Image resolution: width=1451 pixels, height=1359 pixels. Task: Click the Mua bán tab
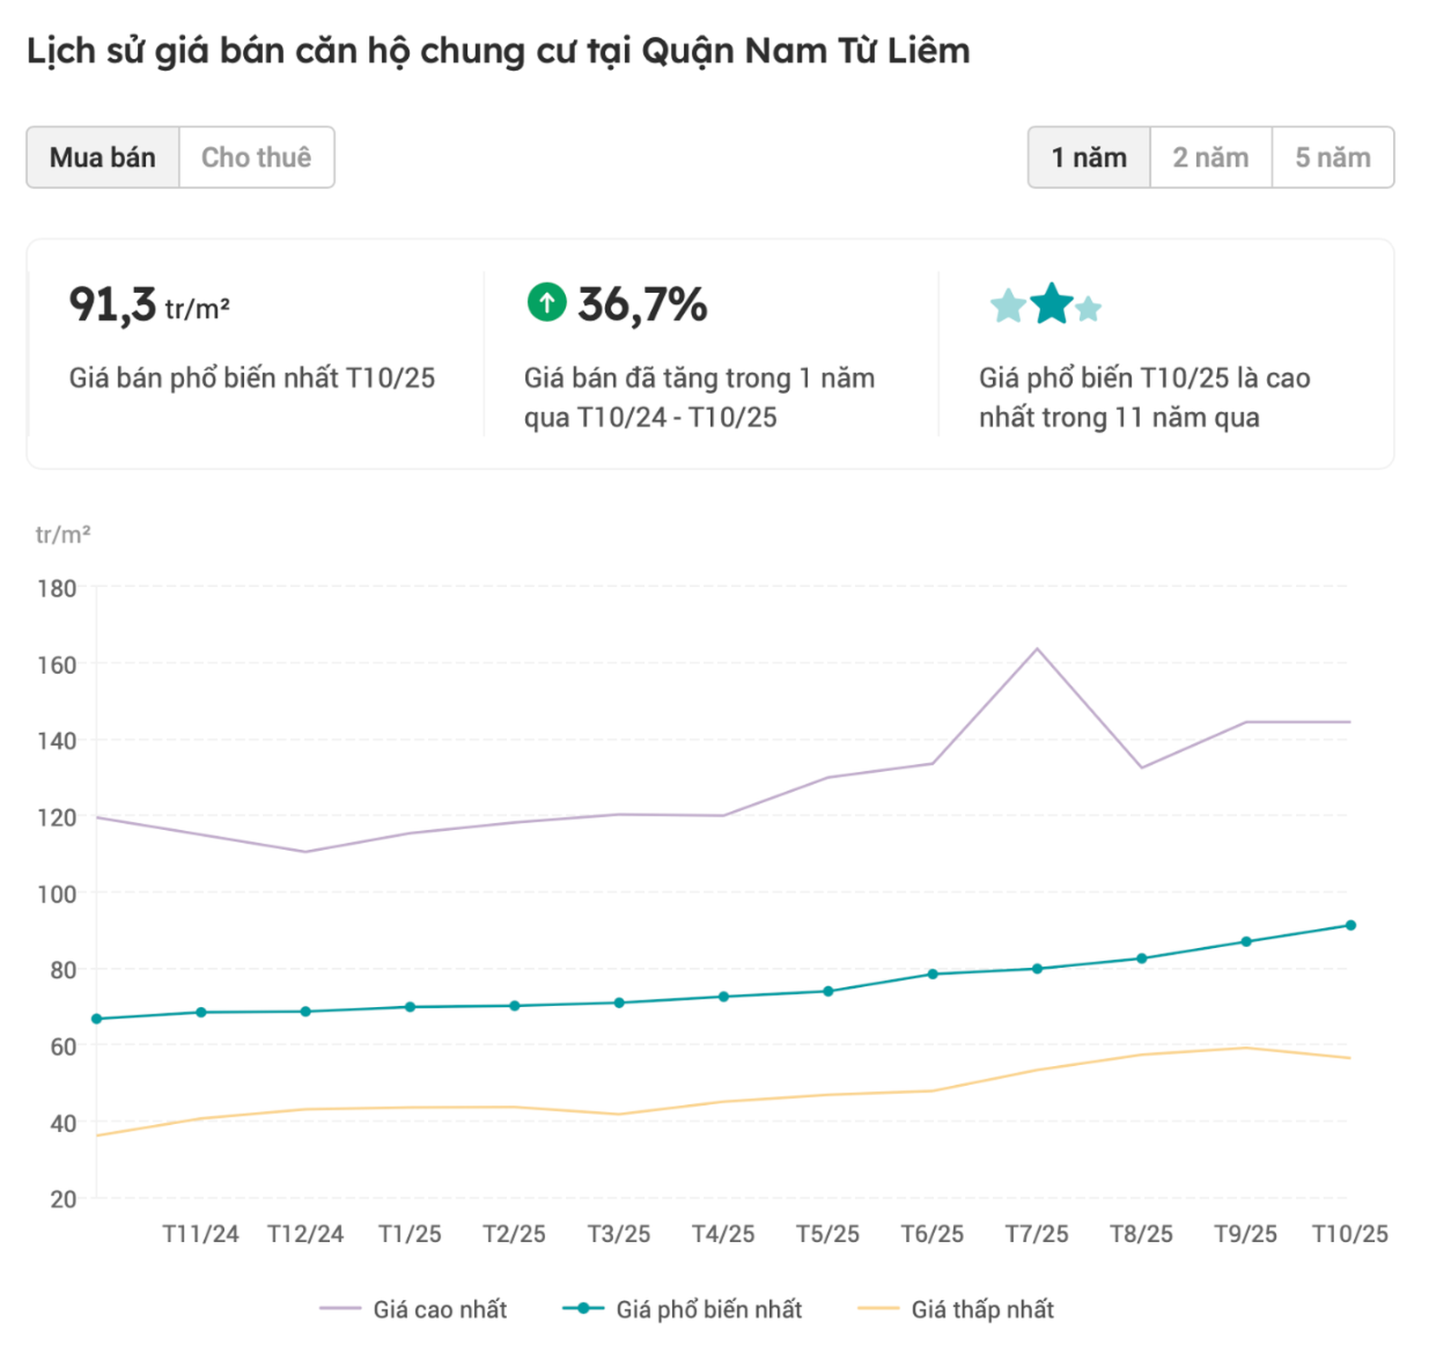(102, 157)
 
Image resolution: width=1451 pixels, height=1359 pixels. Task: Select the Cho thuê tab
(257, 157)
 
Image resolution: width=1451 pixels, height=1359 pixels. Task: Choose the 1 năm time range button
(1088, 157)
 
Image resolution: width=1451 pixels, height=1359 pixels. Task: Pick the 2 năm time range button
(1211, 157)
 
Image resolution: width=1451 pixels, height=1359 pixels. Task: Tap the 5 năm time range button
(1332, 157)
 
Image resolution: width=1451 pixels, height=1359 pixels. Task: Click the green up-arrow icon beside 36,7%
(547, 302)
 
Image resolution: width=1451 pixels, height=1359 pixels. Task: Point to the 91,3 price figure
(112, 304)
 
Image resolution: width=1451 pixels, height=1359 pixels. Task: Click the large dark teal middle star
(1052, 304)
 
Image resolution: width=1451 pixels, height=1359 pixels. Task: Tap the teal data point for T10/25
(1350, 925)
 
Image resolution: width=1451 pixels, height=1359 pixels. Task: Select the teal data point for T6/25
(932, 974)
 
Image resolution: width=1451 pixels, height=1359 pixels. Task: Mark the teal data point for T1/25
(410, 1007)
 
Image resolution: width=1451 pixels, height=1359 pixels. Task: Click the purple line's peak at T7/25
(1037, 649)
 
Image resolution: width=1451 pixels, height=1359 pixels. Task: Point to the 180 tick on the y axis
(56, 588)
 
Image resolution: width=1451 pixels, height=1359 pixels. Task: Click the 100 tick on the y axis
(56, 894)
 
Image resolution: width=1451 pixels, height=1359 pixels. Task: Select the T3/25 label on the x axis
(618, 1234)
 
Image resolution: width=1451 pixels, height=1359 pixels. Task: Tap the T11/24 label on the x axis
(200, 1234)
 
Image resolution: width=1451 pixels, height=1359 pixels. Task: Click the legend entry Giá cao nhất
(440, 1309)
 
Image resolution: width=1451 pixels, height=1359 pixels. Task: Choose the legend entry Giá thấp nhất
(982, 1309)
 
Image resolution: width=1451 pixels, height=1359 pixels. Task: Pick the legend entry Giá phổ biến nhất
(708, 1309)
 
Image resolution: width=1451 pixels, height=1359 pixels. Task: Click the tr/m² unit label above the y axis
(63, 534)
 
